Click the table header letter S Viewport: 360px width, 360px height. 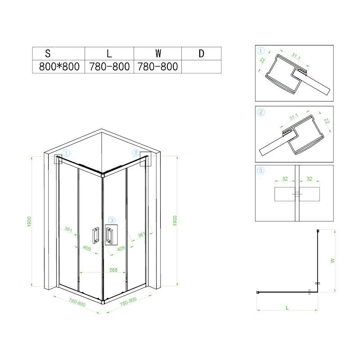click(48, 54)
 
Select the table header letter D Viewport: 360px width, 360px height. click(201, 54)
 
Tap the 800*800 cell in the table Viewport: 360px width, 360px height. click(59, 67)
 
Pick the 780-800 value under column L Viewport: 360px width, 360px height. click(109, 67)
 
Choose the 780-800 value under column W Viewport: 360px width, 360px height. click(158, 67)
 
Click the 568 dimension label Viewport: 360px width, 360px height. click(113, 270)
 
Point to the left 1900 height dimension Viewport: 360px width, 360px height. click(29, 221)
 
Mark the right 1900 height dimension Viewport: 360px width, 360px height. click(175, 220)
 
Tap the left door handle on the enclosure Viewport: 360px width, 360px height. click(96, 235)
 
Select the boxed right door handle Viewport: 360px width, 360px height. click(109, 235)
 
